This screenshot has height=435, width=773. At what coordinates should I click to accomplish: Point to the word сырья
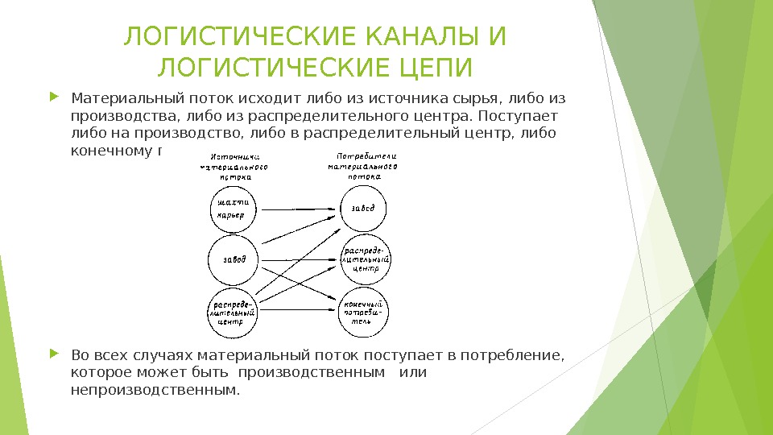click(x=476, y=100)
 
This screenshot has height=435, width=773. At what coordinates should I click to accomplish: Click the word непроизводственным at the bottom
click(x=155, y=391)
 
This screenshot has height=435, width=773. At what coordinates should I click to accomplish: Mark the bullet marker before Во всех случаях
click(x=54, y=354)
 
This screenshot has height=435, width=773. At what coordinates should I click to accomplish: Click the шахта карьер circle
click(x=234, y=209)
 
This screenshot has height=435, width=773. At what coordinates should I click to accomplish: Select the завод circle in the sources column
click(x=234, y=259)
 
